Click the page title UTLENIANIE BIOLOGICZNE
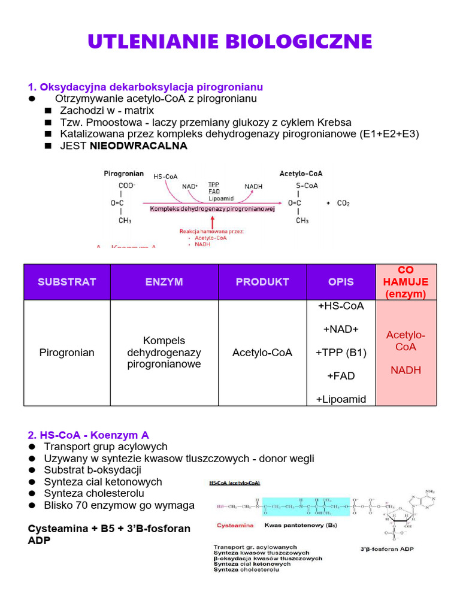tap(230, 42)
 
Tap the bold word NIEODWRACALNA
tap(138, 146)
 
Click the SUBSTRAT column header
tap(67, 282)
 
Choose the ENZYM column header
tap(164, 282)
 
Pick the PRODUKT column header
tap(262, 282)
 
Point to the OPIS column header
tap(341, 282)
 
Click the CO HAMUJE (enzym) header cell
tap(406, 282)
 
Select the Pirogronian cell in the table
tap(67, 353)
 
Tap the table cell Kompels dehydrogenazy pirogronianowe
tap(164, 353)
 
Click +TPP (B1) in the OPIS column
tap(341, 353)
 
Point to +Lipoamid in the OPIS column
tap(341, 399)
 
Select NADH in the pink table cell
tap(406, 370)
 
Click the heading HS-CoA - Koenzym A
tap(89, 435)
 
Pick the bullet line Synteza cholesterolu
tap(94, 493)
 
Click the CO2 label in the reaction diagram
tap(343, 204)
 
